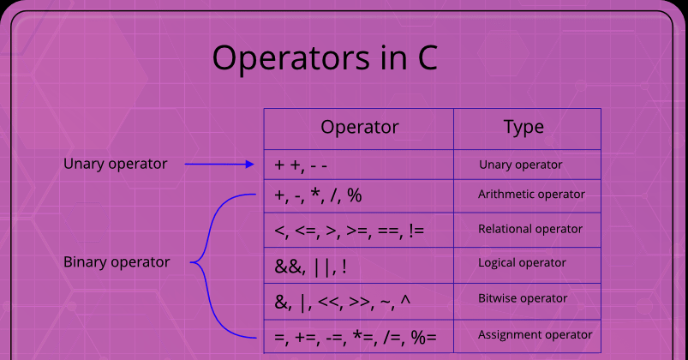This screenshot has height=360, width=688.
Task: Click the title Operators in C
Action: [x=325, y=58]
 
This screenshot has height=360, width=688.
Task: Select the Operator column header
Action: [x=360, y=128]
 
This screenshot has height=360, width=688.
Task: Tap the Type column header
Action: [x=523, y=128]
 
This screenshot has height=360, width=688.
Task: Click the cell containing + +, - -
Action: [x=358, y=165]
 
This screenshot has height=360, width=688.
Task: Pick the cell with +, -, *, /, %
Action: [x=358, y=195]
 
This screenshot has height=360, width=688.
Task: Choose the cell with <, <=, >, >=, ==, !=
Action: [x=358, y=230]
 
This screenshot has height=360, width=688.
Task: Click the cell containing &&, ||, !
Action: [x=358, y=265]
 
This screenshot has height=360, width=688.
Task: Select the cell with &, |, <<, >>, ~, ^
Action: [x=358, y=301]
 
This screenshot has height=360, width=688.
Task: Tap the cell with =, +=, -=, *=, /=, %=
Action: [x=358, y=336]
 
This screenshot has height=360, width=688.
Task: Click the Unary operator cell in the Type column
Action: [x=527, y=165]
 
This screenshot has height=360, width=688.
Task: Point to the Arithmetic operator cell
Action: [x=527, y=195]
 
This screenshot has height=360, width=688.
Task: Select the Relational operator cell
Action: [x=527, y=230]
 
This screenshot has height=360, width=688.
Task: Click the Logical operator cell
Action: [x=527, y=265]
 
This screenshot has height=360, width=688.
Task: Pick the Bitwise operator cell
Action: [x=527, y=301]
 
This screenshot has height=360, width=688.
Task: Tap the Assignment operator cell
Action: [x=527, y=336]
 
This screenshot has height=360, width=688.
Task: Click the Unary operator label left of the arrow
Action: [x=116, y=165]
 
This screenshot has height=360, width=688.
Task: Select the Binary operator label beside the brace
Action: [x=117, y=262]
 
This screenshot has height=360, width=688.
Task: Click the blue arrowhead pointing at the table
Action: [x=250, y=165]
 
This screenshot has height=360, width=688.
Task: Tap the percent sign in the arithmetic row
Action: [x=355, y=195]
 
